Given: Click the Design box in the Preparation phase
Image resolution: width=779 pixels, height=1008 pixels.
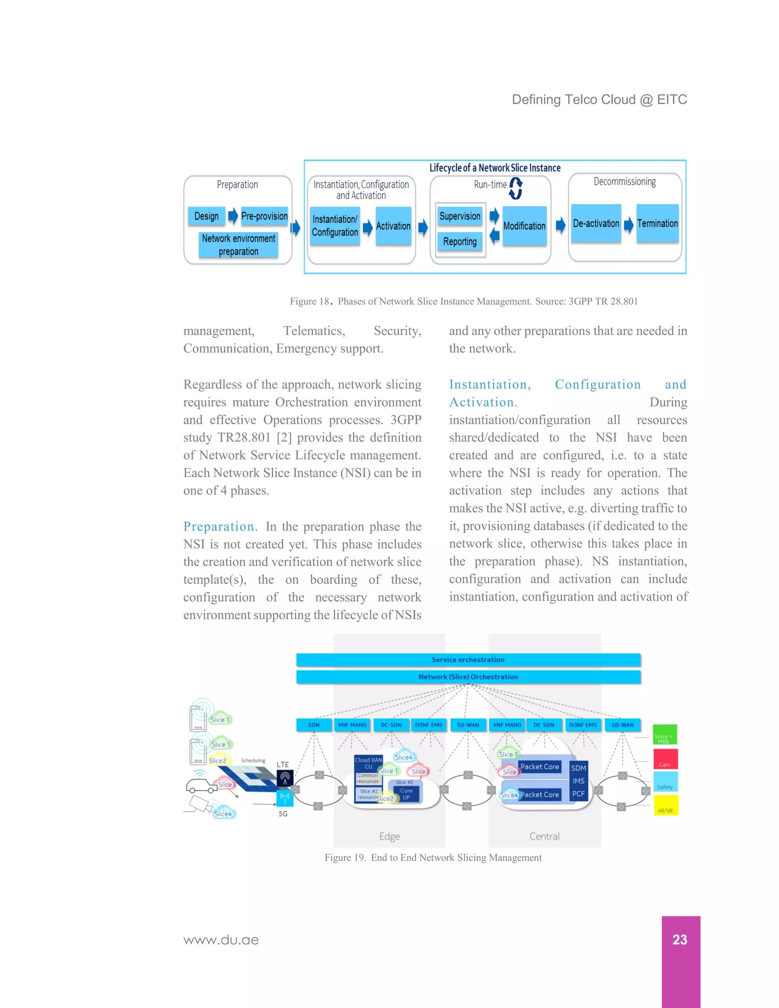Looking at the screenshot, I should click(x=206, y=216).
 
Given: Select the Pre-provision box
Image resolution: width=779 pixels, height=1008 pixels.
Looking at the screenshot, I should click(x=264, y=216).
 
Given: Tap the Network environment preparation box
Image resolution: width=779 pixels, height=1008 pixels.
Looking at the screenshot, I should click(x=238, y=245).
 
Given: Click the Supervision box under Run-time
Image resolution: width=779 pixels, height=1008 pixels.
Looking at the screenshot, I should click(x=459, y=216).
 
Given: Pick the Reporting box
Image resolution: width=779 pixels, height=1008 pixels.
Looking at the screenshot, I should click(x=459, y=242).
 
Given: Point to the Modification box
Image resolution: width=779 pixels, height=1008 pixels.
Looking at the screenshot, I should click(x=524, y=226).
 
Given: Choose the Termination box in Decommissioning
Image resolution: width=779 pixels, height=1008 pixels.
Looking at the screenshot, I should click(x=657, y=223).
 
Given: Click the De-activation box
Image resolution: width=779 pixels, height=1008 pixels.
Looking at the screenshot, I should click(x=596, y=223).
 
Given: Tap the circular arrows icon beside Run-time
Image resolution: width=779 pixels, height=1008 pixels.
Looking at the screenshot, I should click(x=516, y=188).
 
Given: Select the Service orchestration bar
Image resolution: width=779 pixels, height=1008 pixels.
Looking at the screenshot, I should click(x=468, y=660).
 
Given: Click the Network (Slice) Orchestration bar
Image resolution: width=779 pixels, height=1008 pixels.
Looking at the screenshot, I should click(x=468, y=677).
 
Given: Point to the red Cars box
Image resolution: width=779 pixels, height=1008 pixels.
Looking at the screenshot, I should click(x=665, y=759).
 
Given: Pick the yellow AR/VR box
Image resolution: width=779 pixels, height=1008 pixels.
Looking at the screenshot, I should click(x=665, y=805).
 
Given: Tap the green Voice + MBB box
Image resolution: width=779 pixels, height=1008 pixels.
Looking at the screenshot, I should click(x=665, y=735).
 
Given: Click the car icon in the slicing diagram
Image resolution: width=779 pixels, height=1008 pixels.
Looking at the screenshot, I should click(x=201, y=785).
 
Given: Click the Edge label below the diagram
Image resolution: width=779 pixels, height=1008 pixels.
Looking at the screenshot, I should click(x=389, y=836).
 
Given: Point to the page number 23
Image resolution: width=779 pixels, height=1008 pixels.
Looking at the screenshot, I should click(x=680, y=940).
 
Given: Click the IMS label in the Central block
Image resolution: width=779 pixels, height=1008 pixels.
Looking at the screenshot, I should click(x=578, y=781).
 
